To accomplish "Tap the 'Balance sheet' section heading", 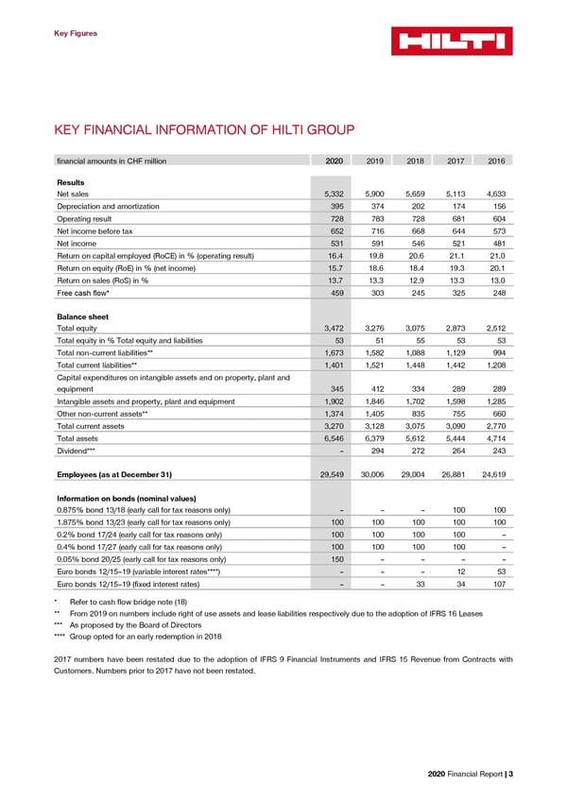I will click(x=82, y=315).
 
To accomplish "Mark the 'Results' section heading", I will click(x=71, y=181).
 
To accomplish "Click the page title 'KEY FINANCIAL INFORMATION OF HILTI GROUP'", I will click(x=205, y=129).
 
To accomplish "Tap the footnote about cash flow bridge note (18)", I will click(x=127, y=600).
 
